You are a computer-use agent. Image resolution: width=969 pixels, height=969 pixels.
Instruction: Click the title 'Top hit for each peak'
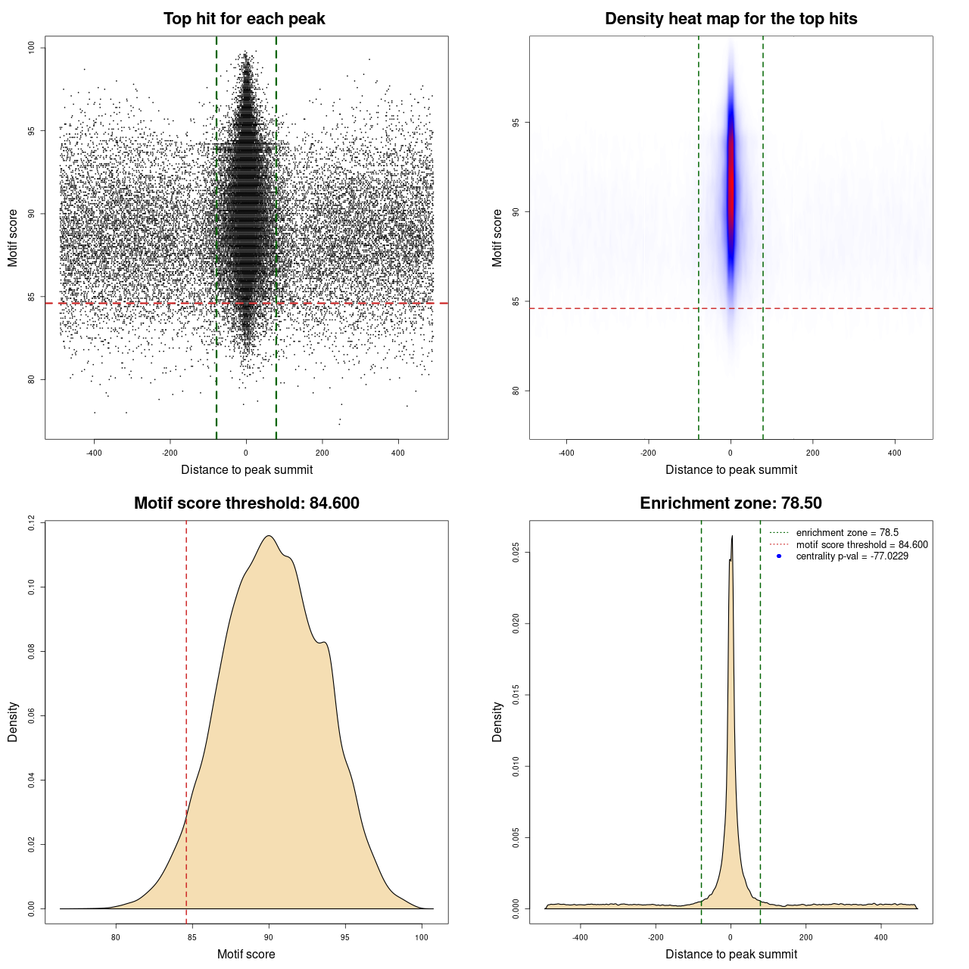point(244,19)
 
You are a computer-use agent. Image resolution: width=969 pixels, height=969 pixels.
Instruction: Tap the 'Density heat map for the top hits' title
point(731,19)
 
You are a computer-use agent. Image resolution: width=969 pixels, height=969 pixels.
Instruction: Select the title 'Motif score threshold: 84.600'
point(246,503)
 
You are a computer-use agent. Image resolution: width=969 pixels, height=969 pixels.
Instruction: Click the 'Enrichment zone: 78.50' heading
point(731,503)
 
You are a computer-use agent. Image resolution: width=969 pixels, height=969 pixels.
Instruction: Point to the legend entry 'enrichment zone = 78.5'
point(847,533)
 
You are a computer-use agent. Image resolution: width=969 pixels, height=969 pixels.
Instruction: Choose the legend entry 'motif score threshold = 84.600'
point(862,545)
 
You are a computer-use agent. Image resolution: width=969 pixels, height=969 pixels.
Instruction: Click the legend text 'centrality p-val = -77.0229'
point(852,556)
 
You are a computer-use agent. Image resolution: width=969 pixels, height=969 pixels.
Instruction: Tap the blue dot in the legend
point(779,556)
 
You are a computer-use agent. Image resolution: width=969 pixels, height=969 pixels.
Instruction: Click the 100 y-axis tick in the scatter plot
point(31,48)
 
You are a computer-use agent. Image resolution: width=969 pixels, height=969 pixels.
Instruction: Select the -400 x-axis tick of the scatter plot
point(94,453)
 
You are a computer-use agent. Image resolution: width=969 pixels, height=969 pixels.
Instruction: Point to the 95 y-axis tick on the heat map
point(516,123)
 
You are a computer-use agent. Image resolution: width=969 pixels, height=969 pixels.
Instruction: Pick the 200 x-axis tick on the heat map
point(812,453)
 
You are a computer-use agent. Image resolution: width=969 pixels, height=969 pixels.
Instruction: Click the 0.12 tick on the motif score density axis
point(31,522)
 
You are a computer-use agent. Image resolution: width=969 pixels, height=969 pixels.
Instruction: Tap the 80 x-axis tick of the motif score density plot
point(116,937)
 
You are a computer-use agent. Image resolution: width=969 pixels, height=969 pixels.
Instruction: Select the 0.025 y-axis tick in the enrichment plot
point(516,553)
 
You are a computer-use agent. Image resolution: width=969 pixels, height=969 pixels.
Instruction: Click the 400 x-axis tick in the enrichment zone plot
point(880,937)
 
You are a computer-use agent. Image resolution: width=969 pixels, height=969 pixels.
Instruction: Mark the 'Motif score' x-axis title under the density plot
point(246,954)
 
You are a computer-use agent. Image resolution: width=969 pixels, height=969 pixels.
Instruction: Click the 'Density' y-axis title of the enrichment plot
point(497,721)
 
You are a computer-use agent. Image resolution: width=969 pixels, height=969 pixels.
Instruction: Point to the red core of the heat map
point(731,182)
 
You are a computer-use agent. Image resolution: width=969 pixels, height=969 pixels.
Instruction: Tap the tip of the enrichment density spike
point(732,537)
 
